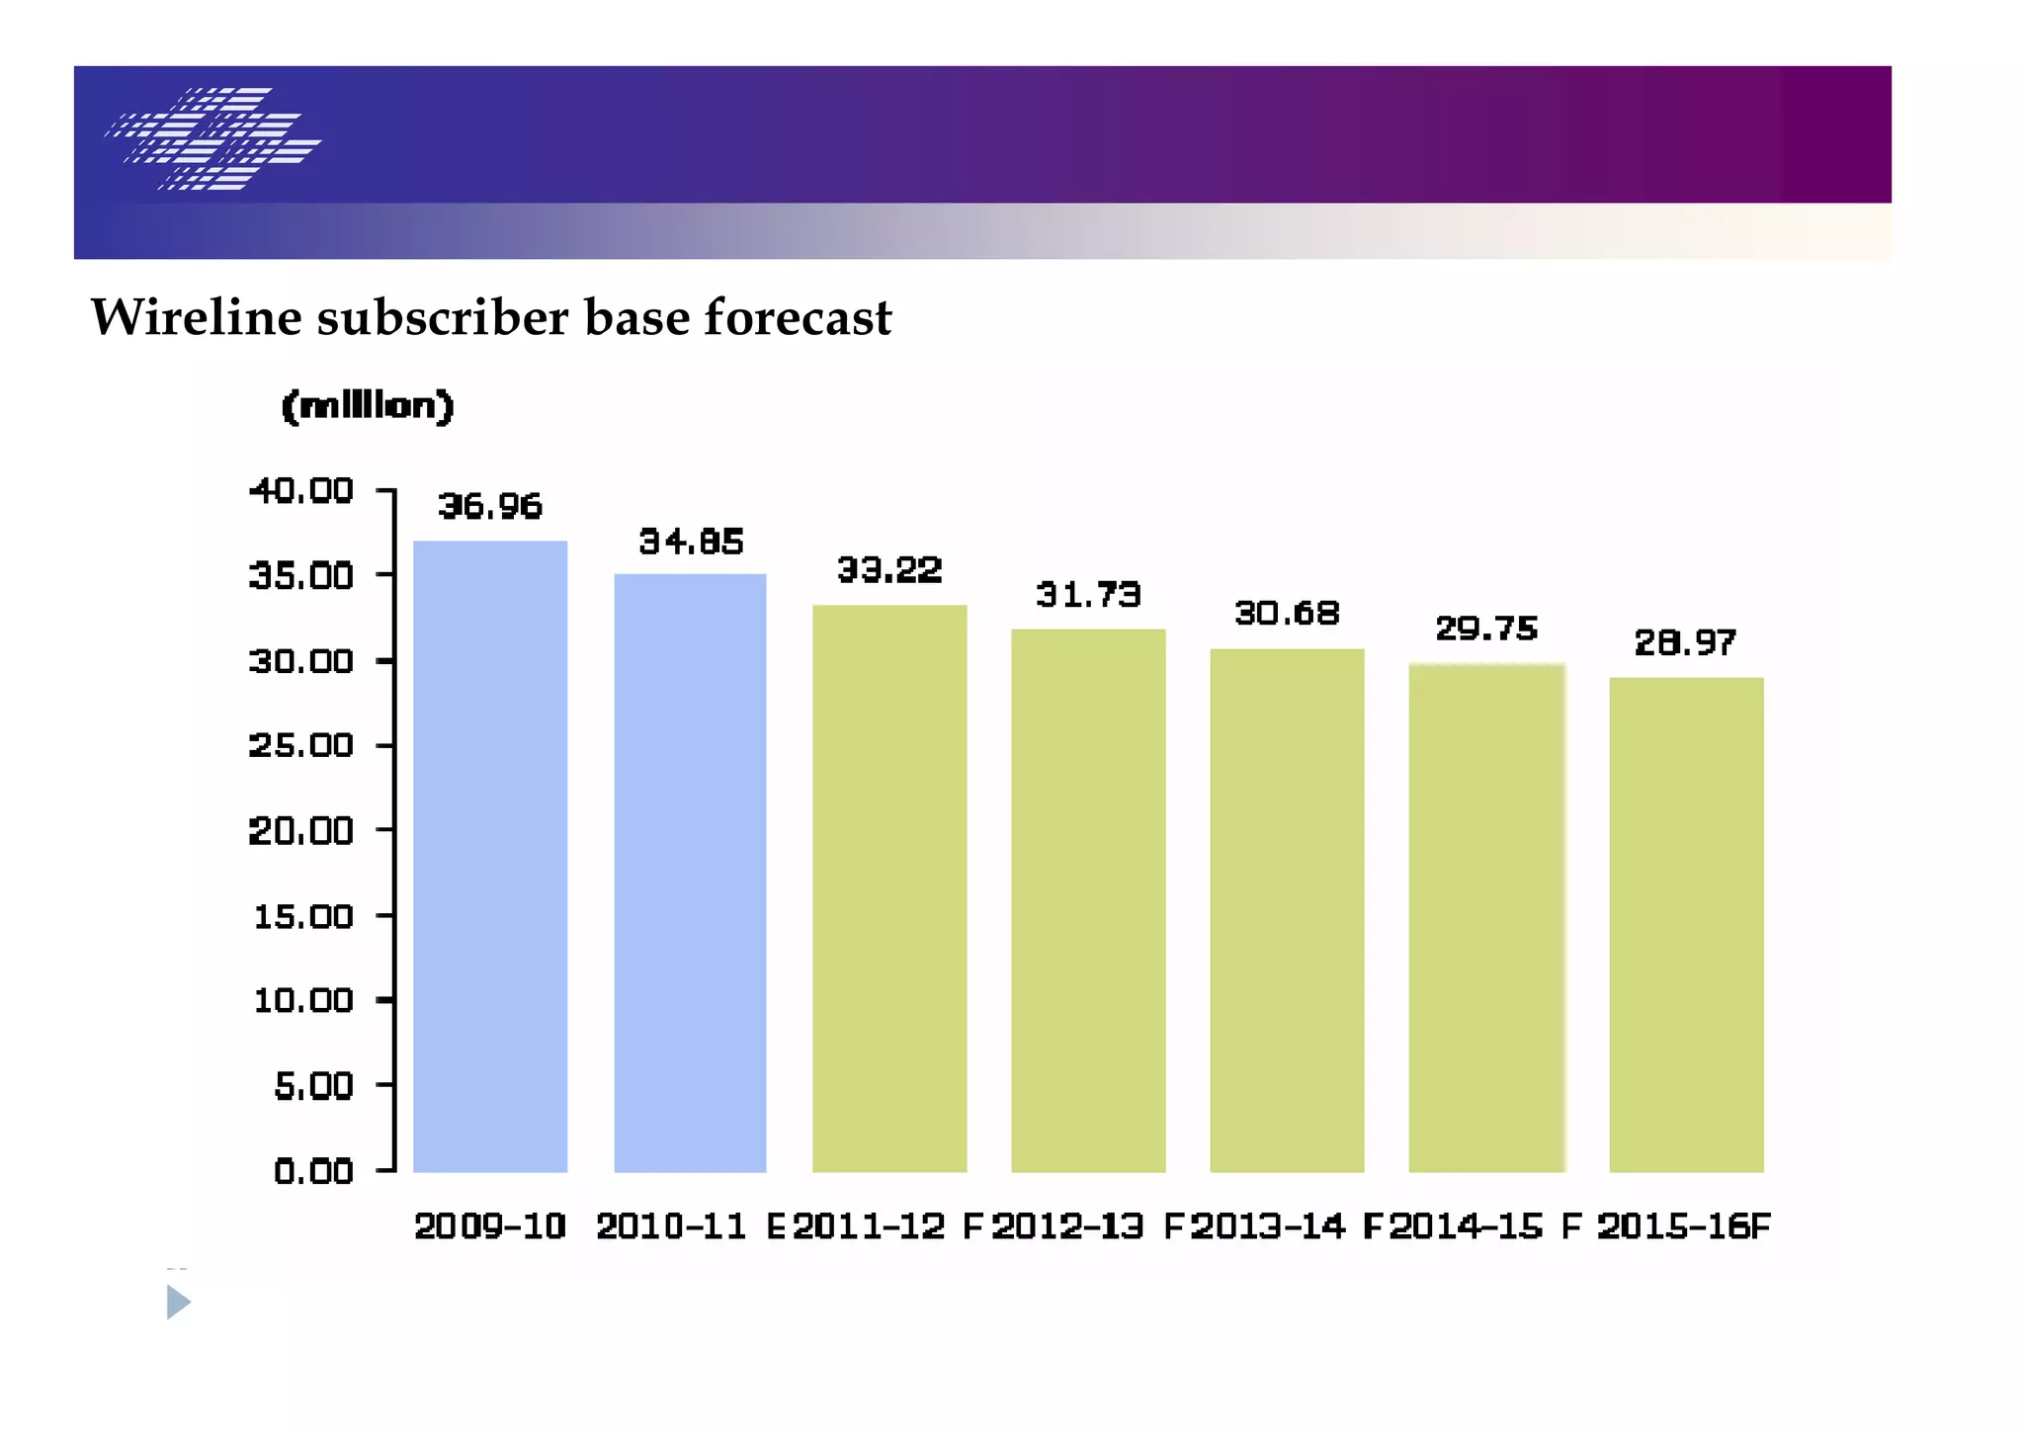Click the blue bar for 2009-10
490,856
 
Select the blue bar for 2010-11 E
690,873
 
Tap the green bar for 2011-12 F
889,888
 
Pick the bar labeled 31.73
1088,900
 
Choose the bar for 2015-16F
1686,925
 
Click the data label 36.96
490,507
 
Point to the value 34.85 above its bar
691,542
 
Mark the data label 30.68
1287,614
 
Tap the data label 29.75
1486,629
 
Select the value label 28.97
1685,643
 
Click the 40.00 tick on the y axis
301,490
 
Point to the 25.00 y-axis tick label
301,745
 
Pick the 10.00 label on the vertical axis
303,1001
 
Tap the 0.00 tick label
313,1172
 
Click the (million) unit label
368,406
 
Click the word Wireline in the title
196,317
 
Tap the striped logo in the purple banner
213,138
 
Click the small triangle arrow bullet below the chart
178,1302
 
